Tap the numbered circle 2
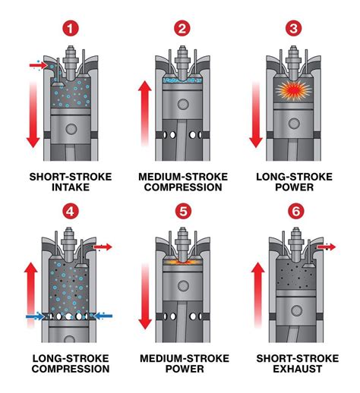pos(182,30)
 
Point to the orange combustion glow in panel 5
pos(182,261)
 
